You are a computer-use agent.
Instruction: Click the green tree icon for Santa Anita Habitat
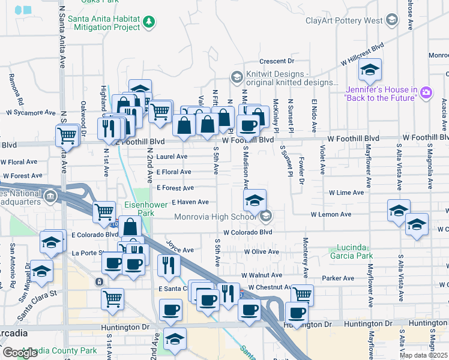[x=149, y=22]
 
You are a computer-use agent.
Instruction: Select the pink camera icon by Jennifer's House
[x=426, y=92]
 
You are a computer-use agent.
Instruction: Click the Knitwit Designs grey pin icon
[x=236, y=77]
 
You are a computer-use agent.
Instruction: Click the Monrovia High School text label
[x=217, y=217]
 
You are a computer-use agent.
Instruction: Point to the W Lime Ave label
[x=346, y=193]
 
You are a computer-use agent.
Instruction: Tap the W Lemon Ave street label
[x=331, y=214]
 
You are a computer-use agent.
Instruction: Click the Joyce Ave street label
[x=179, y=249]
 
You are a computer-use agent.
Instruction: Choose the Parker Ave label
[x=337, y=278]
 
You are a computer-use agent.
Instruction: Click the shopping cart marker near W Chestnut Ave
[x=303, y=294]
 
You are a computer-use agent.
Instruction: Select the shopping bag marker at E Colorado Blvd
[x=130, y=227]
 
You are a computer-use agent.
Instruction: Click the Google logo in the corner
[x=20, y=353]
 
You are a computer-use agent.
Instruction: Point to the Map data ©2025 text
[x=424, y=355]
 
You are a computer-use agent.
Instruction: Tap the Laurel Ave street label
[x=172, y=157]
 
